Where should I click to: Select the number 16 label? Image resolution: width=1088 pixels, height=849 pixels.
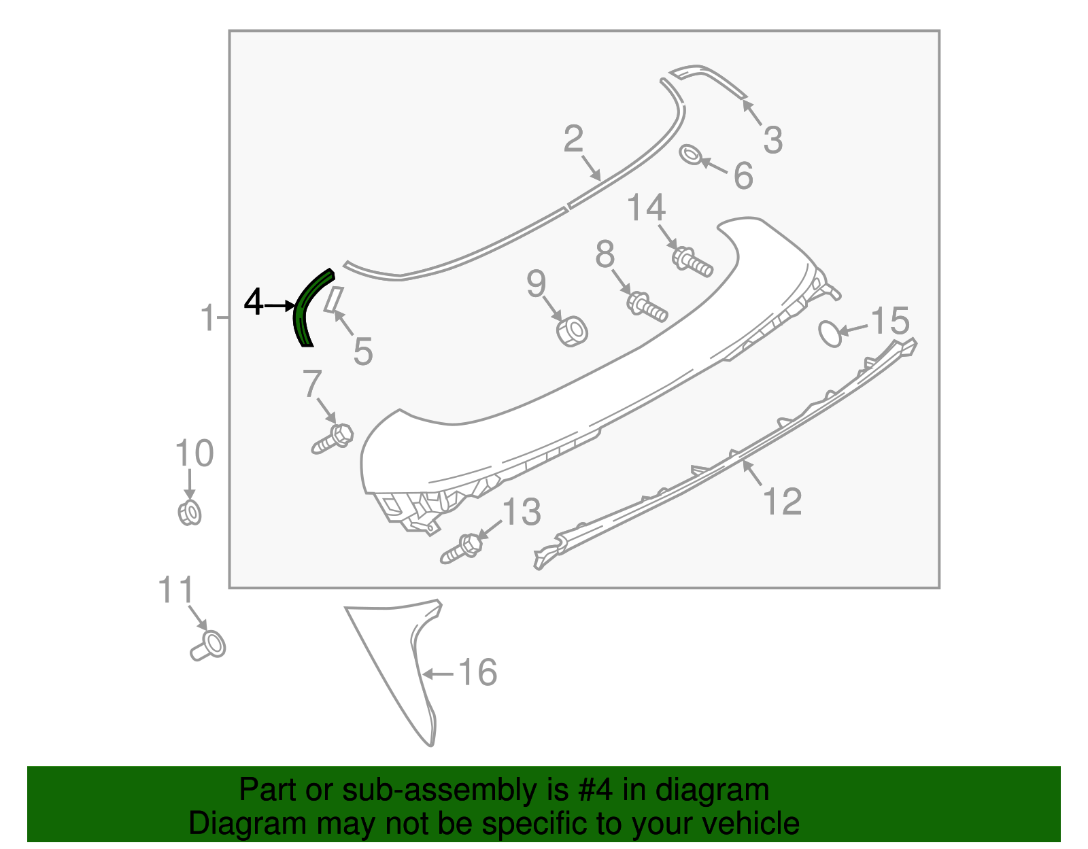477,673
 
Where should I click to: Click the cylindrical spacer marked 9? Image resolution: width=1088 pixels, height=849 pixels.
572,331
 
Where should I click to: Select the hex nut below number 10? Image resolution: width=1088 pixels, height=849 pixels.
188,513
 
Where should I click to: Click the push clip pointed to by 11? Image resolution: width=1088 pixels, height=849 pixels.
209,644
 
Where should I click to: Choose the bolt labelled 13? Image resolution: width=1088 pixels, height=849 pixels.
462,548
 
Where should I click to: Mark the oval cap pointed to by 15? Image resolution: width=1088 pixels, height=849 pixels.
830,333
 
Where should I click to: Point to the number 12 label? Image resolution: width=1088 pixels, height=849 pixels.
783,502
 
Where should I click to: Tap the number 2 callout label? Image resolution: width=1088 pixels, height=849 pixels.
573,139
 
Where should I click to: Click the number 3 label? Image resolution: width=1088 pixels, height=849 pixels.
772,140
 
